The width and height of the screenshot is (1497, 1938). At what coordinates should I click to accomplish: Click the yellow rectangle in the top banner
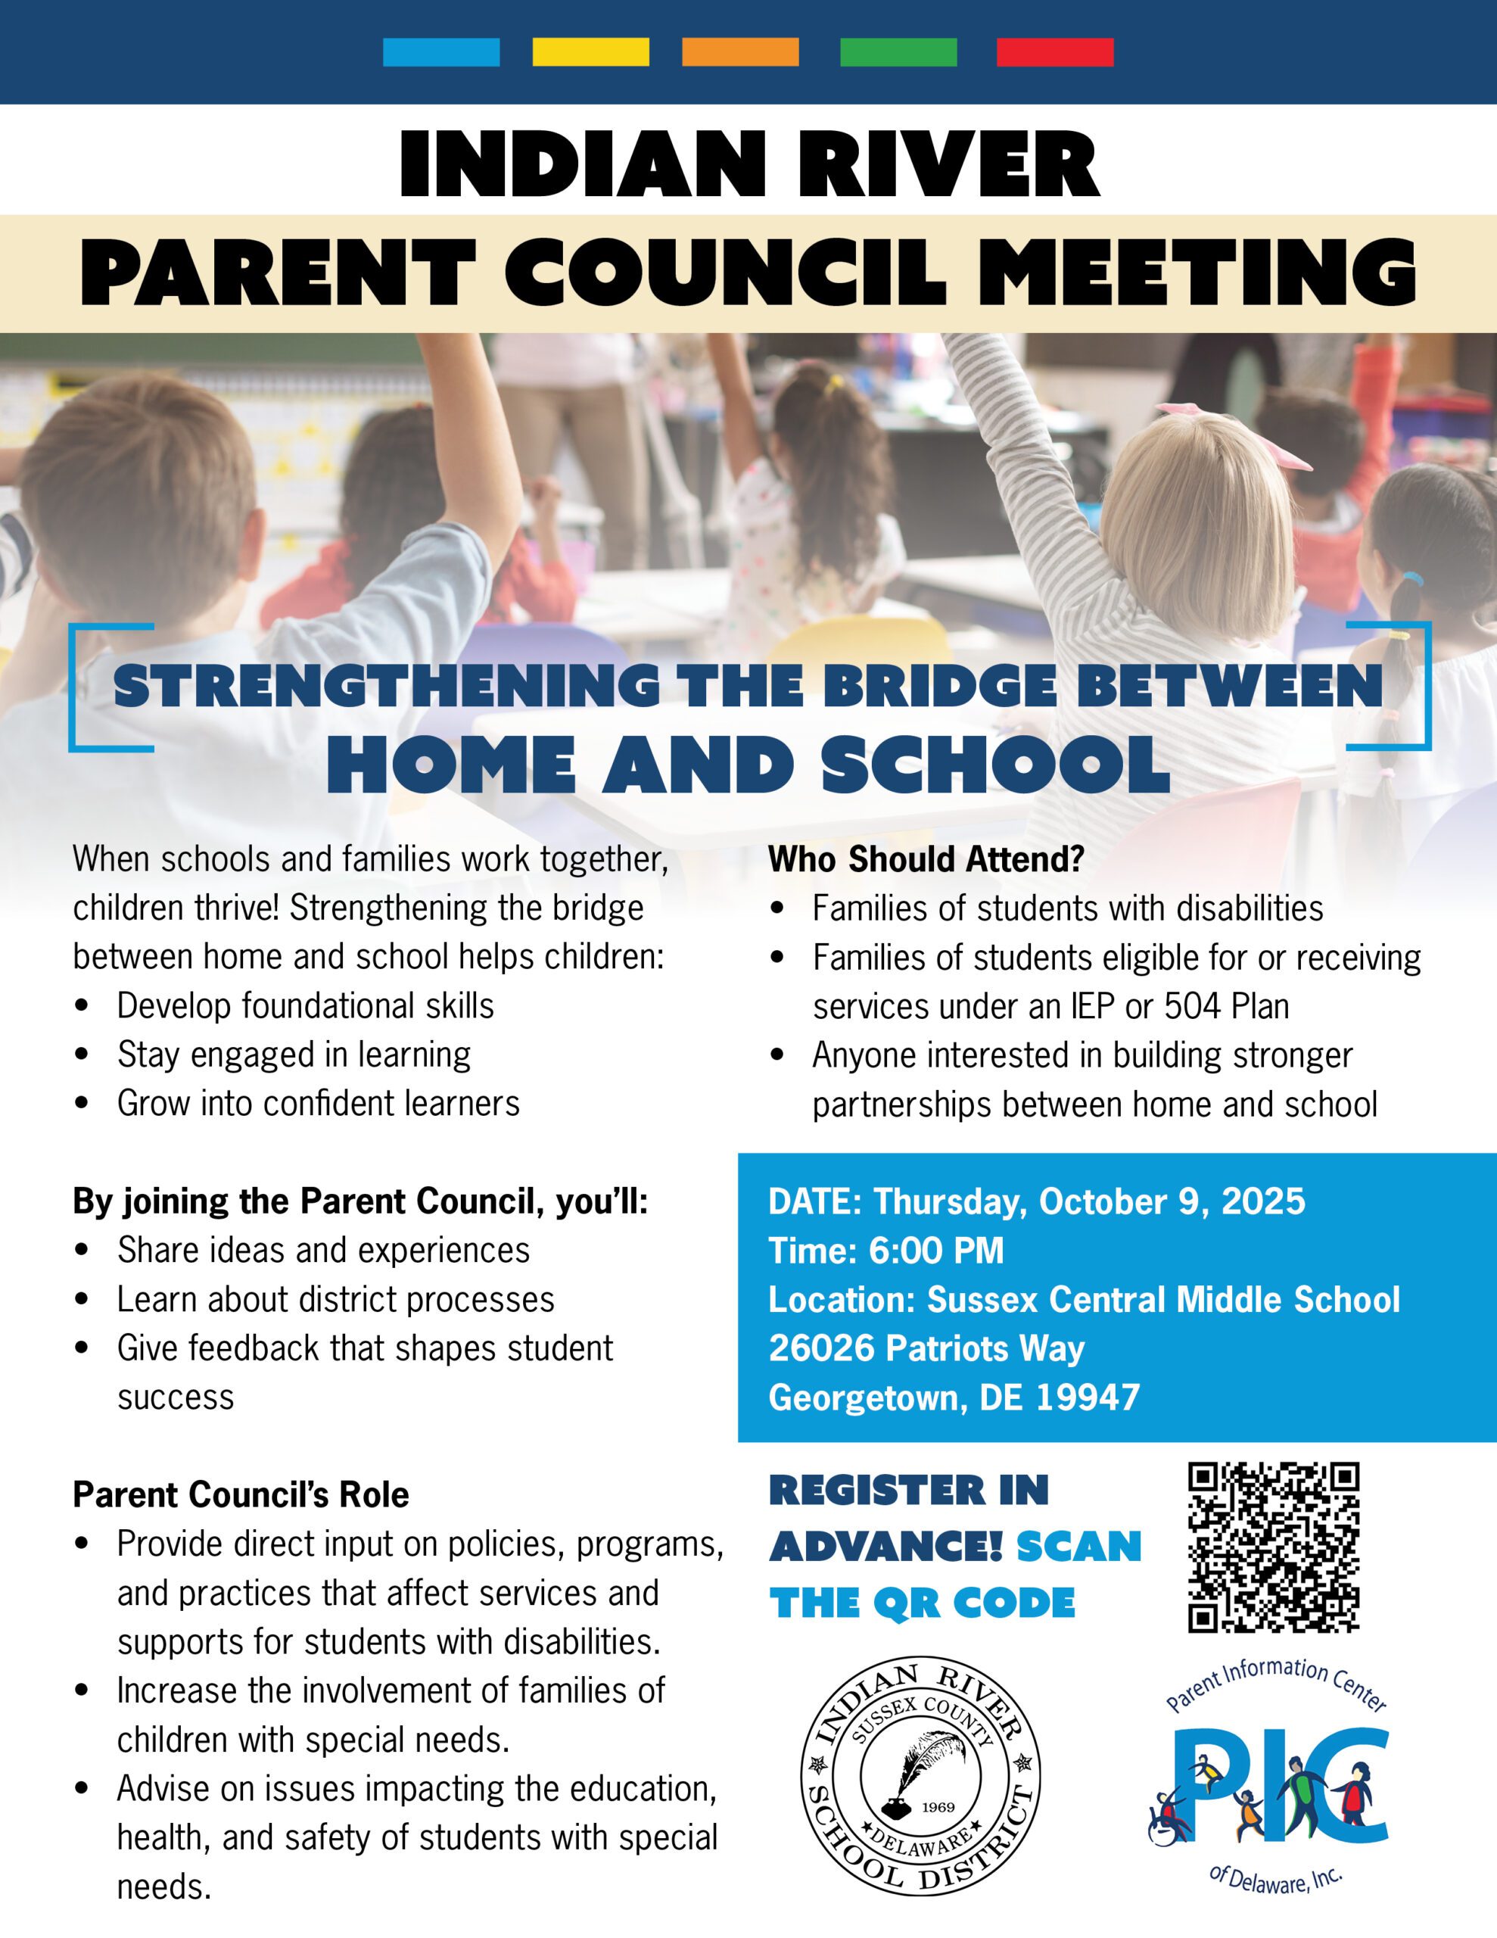click(x=590, y=51)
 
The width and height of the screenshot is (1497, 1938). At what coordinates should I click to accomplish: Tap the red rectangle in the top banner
click(x=1055, y=51)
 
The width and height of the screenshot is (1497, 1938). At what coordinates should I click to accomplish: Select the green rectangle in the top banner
click(x=898, y=51)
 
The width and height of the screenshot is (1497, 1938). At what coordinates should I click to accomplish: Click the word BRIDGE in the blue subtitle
click(x=940, y=686)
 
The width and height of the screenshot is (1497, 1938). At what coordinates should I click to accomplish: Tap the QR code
click(x=1274, y=1547)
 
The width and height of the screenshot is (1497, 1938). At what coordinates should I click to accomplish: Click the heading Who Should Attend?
click(x=926, y=859)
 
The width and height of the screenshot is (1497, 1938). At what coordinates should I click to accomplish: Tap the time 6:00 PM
click(x=936, y=1251)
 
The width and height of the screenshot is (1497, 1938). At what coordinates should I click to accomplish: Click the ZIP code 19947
click(x=1087, y=1397)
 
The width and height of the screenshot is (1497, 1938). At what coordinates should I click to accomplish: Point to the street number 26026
click(x=822, y=1348)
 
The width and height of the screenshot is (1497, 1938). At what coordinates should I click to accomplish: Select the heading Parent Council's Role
click(x=241, y=1494)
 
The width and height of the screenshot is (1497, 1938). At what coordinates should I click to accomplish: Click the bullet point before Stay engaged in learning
click(x=82, y=1055)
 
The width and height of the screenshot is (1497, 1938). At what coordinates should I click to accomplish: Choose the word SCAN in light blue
click(x=1078, y=1547)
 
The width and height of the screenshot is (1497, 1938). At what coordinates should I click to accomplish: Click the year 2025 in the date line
click(x=1264, y=1201)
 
